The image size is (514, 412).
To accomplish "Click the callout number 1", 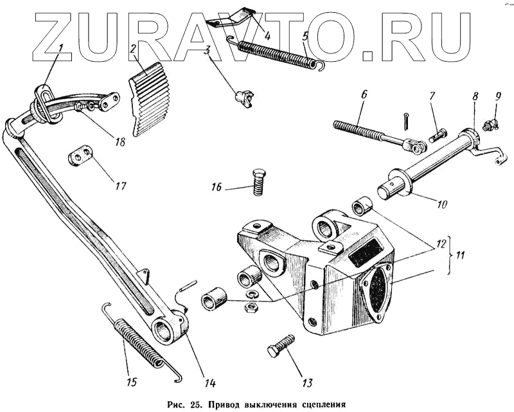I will coord(60,48).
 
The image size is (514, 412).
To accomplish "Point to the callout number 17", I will coord(121,186).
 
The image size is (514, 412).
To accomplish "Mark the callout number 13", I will coord(306,384).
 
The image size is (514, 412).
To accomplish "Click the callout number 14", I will coord(209,384).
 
